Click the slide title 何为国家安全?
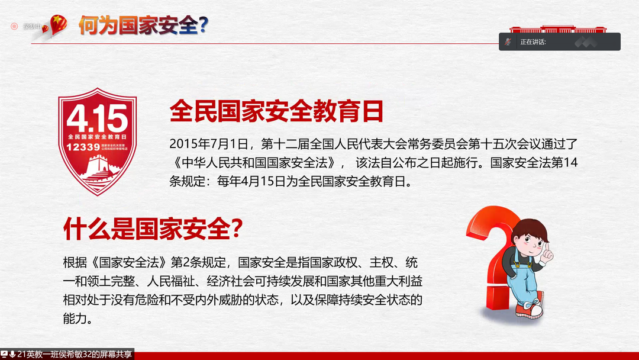143,25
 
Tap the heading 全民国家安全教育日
276,111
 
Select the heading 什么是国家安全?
153,229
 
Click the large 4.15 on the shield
97,118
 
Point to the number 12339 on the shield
83,146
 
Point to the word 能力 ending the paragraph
76,319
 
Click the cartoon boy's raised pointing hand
547,253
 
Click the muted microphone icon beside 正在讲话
508,41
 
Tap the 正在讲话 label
533,42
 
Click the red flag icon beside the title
58,24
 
